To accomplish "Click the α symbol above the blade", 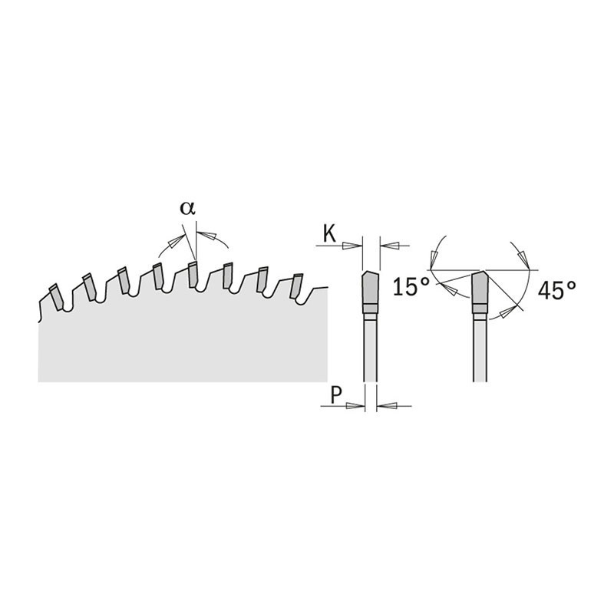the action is pyautogui.click(x=187, y=208).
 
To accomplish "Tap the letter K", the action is pyautogui.click(x=330, y=234).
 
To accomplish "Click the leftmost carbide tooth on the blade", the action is pyautogui.click(x=56, y=297).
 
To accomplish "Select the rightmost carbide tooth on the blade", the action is pyautogui.click(x=295, y=286).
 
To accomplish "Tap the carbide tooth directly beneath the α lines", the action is pyautogui.click(x=193, y=275).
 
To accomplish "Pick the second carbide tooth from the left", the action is pyautogui.click(x=90, y=287).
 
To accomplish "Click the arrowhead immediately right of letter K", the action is pyautogui.click(x=352, y=246).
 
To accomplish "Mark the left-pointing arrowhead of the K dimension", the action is pyautogui.click(x=390, y=246).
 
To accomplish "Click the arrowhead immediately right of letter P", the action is pyautogui.click(x=355, y=406).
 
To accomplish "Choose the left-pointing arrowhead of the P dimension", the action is pyautogui.click(x=388, y=406).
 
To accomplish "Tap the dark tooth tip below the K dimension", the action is pyautogui.click(x=370, y=287).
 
